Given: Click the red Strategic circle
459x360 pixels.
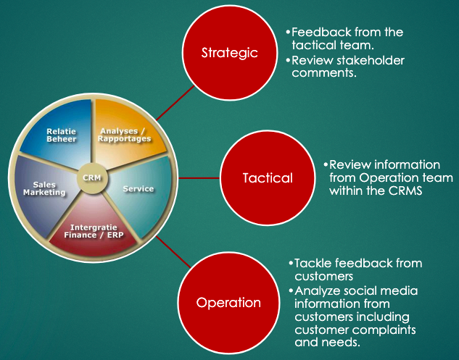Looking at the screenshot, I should coord(229,53).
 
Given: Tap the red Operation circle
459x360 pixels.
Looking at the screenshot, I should coord(229,302).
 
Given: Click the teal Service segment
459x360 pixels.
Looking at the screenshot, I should coord(138,190).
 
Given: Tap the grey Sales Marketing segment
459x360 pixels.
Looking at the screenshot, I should coord(49,190).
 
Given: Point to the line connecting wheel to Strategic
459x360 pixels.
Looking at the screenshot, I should coord(174,106).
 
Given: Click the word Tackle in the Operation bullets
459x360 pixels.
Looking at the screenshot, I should coord(313,263).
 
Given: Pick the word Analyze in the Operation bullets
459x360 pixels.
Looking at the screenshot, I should coord(318,290).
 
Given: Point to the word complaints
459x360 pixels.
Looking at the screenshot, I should coord(387,330).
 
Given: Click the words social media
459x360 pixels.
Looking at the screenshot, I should coord(379,290).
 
